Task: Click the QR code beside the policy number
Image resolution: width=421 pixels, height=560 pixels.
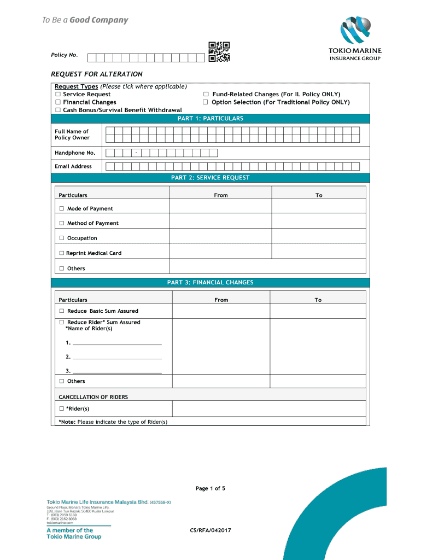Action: pos(219,51)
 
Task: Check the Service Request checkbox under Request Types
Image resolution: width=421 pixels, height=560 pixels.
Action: pos(57,95)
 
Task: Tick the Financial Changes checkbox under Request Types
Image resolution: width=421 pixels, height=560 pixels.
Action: pos(57,102)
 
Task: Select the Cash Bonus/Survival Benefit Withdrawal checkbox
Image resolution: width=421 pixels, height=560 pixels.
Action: pos(57,110)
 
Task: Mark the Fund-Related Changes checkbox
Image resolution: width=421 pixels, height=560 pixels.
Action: pos(206,95)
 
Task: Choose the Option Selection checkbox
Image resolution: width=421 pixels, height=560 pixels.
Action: pos(206,102)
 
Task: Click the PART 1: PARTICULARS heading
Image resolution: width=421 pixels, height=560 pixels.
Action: pos(210,119)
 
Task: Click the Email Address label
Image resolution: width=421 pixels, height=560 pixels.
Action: pos(73,166)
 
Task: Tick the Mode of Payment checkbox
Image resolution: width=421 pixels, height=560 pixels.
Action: pos(62,208)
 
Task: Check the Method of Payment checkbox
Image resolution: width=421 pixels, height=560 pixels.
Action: pos(62,223)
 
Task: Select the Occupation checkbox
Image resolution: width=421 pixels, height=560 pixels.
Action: pos(62,238)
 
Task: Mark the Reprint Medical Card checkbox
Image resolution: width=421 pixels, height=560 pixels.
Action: pos(62,253)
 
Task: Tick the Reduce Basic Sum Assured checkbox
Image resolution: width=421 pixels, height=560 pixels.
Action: pos(62,311)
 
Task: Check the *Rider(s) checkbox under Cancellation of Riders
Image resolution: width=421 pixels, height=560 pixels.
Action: pos(62,409)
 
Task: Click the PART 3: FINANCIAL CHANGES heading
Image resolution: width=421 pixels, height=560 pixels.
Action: pos(210,283)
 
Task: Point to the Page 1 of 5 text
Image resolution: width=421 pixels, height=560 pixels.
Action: pos(210,488)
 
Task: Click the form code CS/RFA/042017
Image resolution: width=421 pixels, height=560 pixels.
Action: pos(210,530)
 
